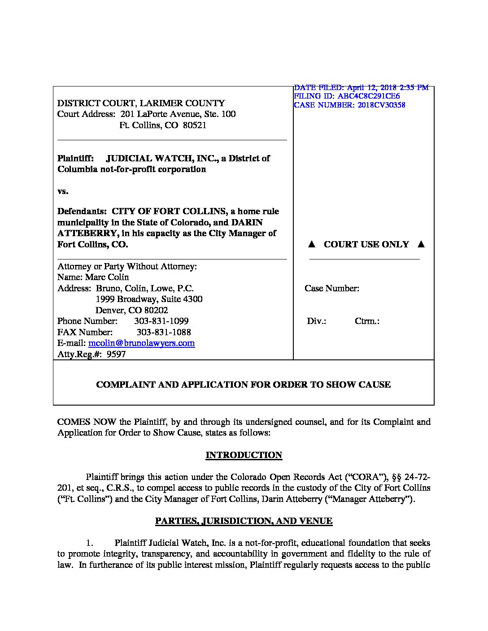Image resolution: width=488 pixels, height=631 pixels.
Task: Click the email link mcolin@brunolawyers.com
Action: point(141,343)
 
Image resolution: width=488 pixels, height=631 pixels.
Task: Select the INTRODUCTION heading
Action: point(244,455)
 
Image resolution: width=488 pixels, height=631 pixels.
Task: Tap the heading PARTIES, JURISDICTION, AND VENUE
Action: point(244,521)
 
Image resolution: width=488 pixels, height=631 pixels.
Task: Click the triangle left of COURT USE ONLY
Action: point(312,244)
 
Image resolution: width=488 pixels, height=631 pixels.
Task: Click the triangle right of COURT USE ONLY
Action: point(420,244)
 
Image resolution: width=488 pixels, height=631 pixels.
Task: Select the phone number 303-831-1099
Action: point(161,321)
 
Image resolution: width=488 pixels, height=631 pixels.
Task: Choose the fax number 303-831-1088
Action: point(163,333)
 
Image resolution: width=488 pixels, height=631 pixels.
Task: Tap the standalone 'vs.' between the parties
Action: point(63,191)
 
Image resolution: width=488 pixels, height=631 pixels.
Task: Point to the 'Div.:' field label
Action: point(316,321)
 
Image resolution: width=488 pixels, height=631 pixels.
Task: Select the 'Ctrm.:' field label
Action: point(367,321)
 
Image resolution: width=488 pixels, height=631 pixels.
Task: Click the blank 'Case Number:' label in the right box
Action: point(332,289)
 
